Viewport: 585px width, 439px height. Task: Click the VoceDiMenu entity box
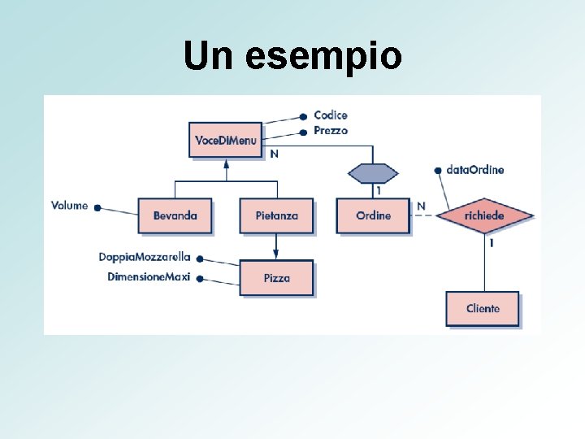(x=225, y=141)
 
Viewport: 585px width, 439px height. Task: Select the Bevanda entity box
(x=175, y=215)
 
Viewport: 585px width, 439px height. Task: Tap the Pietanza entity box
(x=276, y=215)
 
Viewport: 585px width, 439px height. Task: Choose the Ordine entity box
(x=373, y=215)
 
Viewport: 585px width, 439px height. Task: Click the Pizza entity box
(x=276, y=278)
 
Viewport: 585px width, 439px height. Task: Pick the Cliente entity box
(x=482, y=309)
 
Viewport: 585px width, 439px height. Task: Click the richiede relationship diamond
(x=485, y=215)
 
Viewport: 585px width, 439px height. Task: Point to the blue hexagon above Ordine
(x=373, y=173)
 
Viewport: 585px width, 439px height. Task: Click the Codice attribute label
(x=331, y=115)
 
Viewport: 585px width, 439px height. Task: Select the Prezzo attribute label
(x=331, y=130)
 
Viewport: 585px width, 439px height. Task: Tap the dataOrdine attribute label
(x=475, y=170)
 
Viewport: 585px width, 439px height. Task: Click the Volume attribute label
(x=69, y=206)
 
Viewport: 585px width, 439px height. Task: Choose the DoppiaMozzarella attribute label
(x=145, y=257)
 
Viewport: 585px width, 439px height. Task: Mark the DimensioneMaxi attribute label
(x=149, y=277)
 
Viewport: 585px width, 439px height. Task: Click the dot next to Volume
(x=97, y=208)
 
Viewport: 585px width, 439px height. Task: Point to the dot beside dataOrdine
(x=439, y=171)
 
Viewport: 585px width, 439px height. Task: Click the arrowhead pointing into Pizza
(x=276, y=256)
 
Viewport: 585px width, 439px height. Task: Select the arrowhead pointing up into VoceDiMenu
(x=227, y=165)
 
